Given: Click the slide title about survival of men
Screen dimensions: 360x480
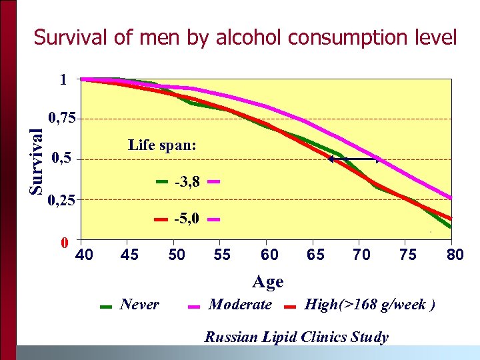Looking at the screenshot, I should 245,37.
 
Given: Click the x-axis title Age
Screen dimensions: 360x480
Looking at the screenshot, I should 267,282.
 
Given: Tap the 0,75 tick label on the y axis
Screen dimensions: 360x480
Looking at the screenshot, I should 62,119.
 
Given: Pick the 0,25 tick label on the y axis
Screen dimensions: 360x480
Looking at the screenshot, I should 62,199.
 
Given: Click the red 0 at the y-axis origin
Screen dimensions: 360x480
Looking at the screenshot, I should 65,241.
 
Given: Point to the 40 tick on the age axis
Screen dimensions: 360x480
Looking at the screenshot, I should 85,255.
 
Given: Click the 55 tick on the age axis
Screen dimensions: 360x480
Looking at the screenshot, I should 223,255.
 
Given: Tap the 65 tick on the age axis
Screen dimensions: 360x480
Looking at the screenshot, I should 315,255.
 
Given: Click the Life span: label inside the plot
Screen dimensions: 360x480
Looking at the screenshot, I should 162,145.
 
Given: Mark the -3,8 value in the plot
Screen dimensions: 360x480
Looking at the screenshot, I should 187,181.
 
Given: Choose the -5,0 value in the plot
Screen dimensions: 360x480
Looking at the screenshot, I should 187,219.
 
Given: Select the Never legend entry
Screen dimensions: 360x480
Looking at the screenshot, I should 139,305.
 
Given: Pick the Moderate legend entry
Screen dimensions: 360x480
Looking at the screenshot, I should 240,305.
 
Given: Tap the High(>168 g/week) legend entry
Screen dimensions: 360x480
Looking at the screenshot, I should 370,305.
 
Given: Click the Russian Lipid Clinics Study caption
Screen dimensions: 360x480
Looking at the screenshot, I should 296,337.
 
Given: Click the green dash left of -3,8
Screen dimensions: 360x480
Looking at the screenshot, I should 163,181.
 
